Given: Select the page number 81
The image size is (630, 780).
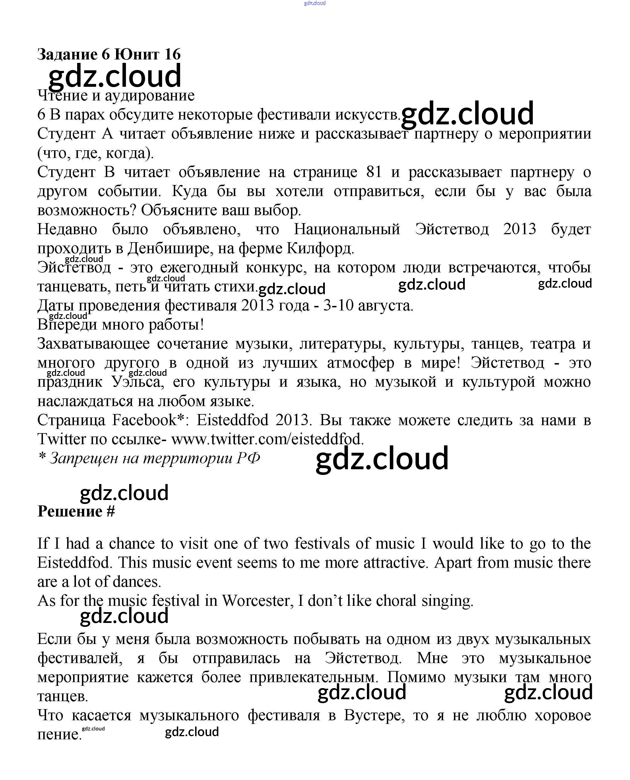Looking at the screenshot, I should pyautogui.click(x=374, y=172).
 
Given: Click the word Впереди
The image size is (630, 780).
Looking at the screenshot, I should pyautogui.click(x=66, y=325).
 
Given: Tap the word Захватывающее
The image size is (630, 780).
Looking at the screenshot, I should pyautogui.click(x=94, y=344).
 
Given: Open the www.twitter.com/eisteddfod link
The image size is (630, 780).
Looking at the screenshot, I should pyautogui.click(x=267, y=439).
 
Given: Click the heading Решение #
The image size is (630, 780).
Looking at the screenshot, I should pyautogui.click(x=76, y=511).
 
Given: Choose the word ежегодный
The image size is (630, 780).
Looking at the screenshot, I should pyautogui.click(x=199, y=267).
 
